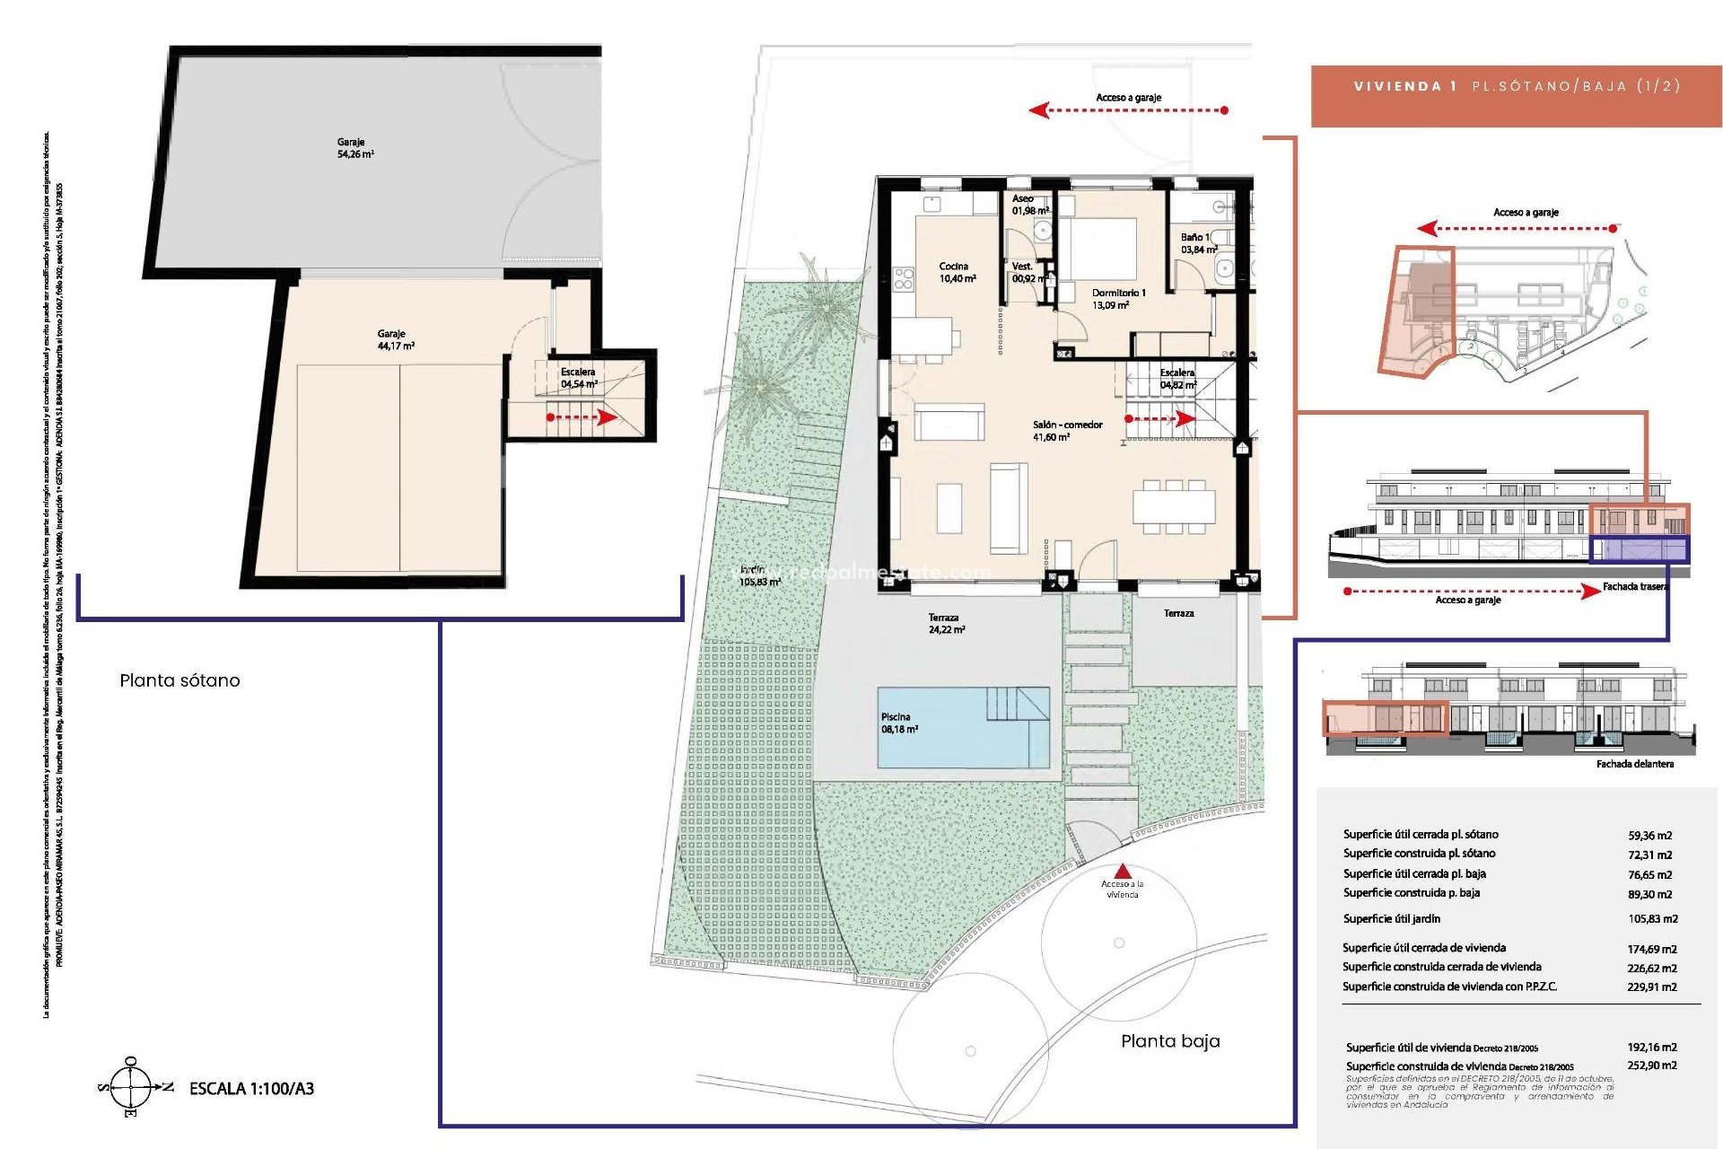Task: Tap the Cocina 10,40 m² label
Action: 957,272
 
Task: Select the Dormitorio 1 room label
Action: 1117,299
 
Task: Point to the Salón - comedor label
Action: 1066,431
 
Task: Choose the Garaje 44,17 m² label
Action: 395,339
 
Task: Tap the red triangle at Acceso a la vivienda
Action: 1123,871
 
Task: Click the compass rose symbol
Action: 131,1087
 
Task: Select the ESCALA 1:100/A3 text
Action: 251,1089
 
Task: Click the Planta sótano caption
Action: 179,680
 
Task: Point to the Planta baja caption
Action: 1170,1041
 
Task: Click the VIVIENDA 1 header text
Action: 1405,86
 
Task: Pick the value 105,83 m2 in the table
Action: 1652,919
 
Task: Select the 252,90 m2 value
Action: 1651,1066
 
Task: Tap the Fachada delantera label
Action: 1634,764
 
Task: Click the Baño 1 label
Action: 1197,243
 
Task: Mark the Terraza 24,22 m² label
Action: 946,624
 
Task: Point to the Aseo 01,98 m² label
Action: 1029,205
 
